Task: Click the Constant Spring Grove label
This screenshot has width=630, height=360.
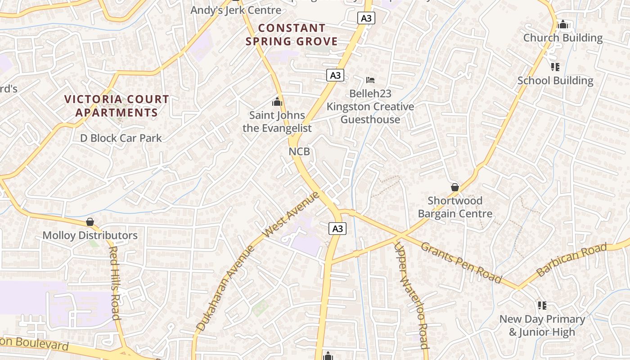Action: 292,35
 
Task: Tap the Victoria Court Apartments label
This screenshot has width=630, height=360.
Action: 117,106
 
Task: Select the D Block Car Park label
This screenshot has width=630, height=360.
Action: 121,138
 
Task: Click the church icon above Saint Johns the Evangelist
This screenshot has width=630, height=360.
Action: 277,102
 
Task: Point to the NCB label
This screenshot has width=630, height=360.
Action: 299,152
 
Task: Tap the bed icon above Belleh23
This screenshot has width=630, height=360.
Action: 370,81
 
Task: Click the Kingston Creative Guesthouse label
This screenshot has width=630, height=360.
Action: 370,113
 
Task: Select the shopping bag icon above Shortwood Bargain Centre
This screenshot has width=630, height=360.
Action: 455,187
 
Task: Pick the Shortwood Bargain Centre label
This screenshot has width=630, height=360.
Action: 455,207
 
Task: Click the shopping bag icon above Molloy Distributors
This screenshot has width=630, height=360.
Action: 90,222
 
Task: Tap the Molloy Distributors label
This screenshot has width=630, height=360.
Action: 90,235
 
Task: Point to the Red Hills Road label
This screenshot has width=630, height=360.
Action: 115,283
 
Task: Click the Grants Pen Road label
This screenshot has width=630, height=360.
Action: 461,262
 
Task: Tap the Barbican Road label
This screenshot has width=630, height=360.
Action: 571,260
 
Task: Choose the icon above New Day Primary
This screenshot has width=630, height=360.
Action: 542,306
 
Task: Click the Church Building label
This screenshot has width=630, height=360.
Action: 562,38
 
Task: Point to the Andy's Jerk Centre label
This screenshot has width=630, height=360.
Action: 236,10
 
